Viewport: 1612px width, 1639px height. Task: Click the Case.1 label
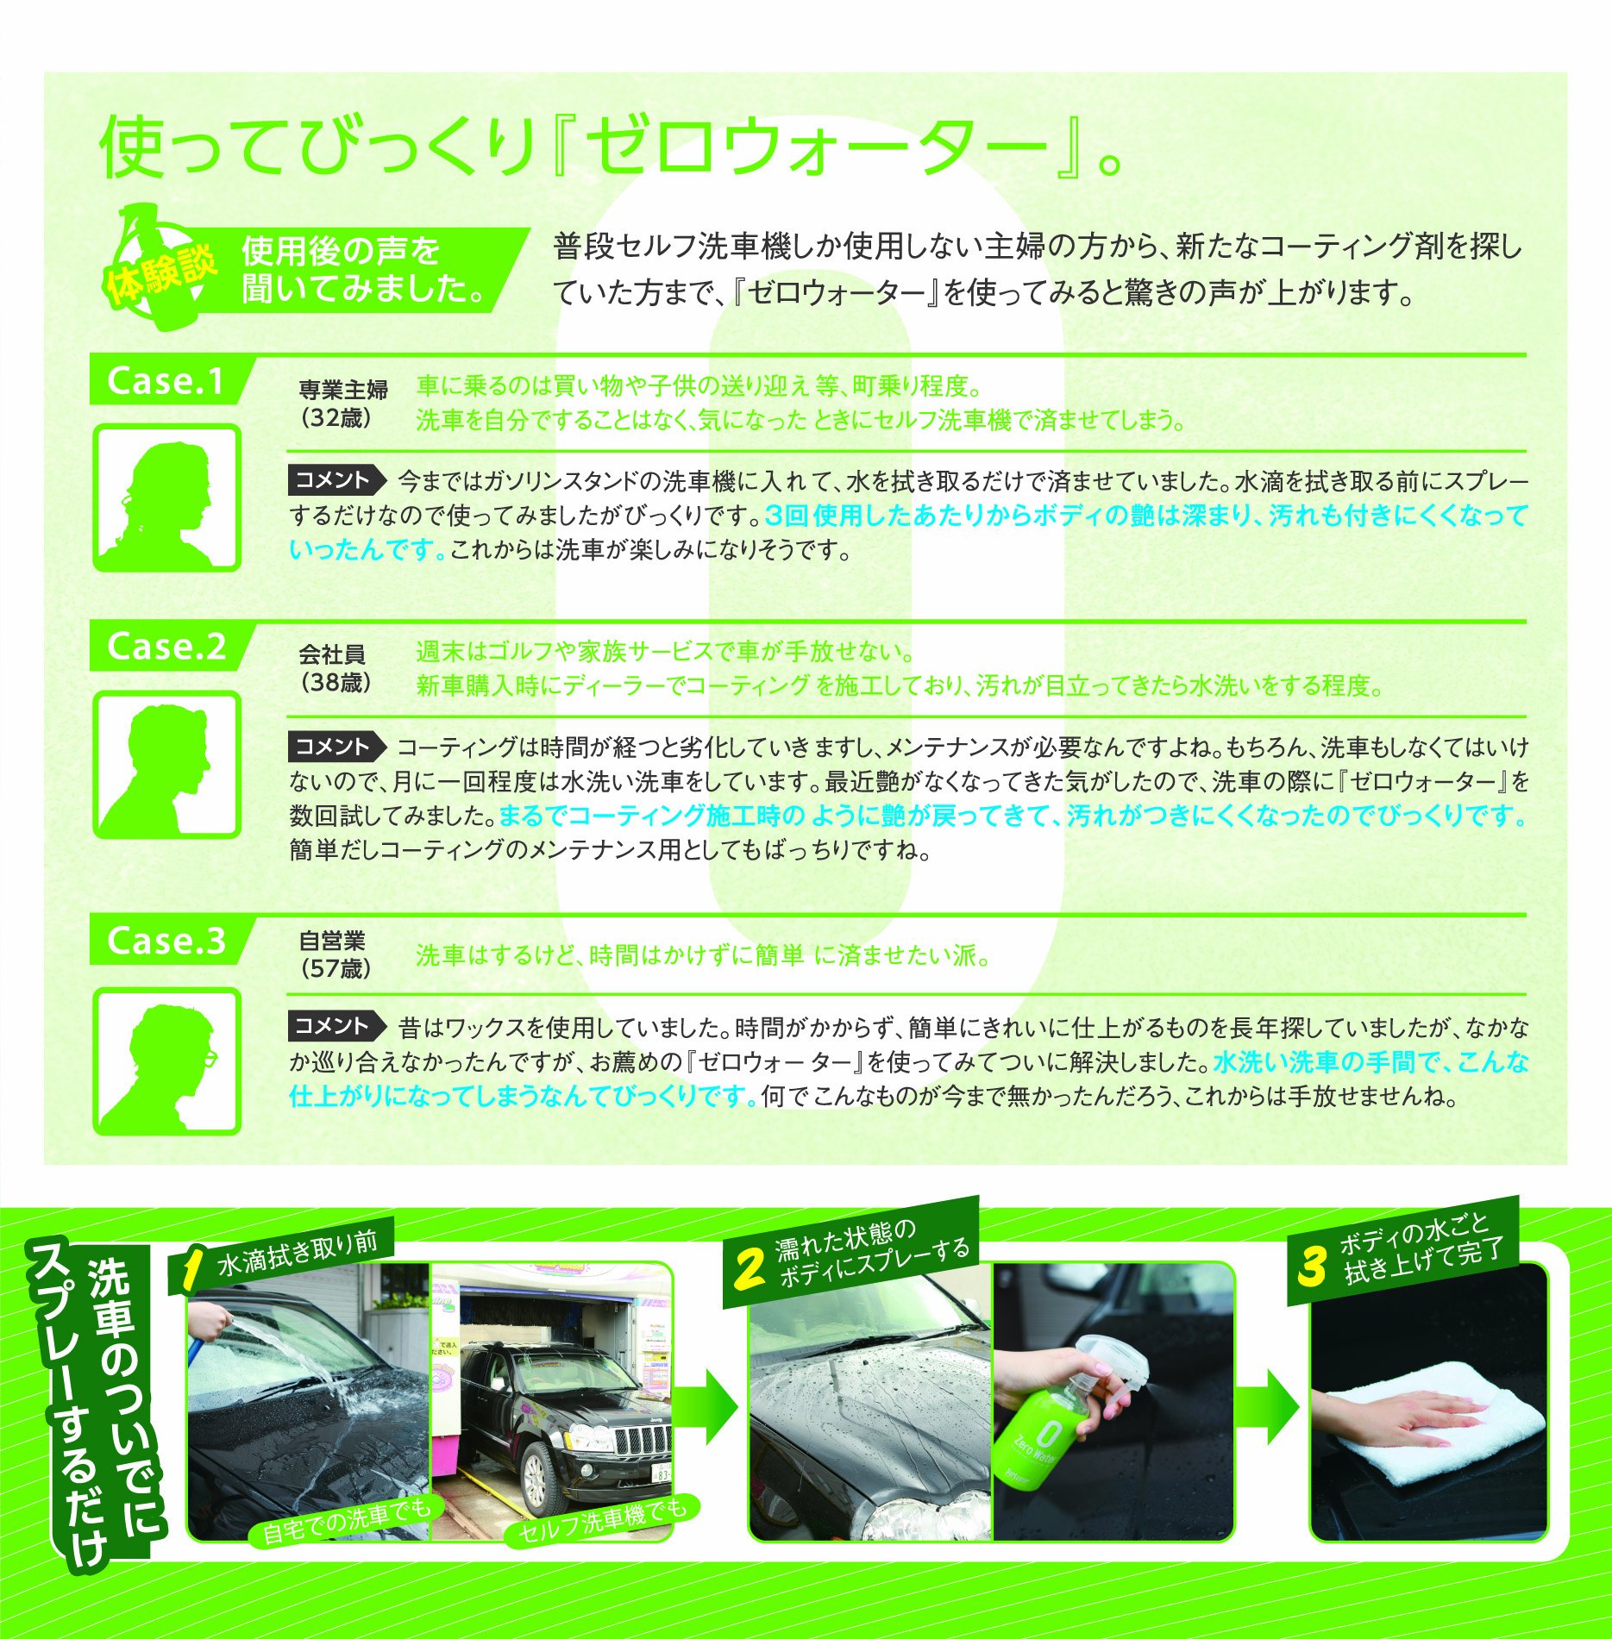point(166,381)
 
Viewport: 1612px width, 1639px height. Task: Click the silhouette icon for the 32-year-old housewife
point(166,497)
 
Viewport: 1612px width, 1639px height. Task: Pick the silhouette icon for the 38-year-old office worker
point(166,764)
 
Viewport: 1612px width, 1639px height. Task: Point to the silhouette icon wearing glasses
point(166,1060)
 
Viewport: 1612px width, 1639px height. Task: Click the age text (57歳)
point(336,968)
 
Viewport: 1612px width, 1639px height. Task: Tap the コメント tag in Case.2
point(336,747)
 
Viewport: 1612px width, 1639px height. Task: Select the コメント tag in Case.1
point(336,480)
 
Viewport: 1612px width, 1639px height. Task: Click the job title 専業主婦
point(343,390)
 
